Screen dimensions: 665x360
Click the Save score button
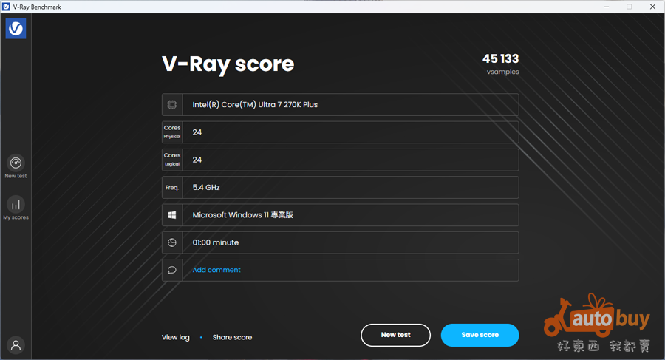pyautogui.click(x=480, y=335)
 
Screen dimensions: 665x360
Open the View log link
pyautogui.click(x=176, y=338)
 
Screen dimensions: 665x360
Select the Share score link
pyautogui.click(x=232, y=338)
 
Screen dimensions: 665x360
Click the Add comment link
pyautogui.click(x=216, y=270)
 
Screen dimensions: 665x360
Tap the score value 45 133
pyautogui.click(x=500, y=58)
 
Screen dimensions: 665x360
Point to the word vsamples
pyautogui.click(x=502, y=72)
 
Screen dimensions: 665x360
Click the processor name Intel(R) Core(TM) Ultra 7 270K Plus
pyautogui.click(x=255, y=105)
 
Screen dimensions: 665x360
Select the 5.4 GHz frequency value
pyautogui.click(x=206, y=187)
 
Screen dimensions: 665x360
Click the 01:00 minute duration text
pyautogui.click(x=216, y=242)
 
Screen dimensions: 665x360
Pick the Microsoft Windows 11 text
pyautogui.click(x=231, y=215)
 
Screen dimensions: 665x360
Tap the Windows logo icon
pyautogui.click(x=171, y=215)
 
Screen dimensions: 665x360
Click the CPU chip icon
pyautogui.click(x=171, y=104)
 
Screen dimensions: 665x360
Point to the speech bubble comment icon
pyautogui.click(x=171, y=270)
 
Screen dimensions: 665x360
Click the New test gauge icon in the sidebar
pyautogui.click(x=16, y=163)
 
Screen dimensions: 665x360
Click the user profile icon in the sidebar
pyautogui.click(x=16, y=345)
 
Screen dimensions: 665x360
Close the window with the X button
pyautogui.click(x=652, y=7)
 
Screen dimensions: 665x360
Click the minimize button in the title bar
pyautogui.click(x=607, y=7)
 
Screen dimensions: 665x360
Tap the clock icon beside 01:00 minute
pyautogui.click(x=171, y=242)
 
